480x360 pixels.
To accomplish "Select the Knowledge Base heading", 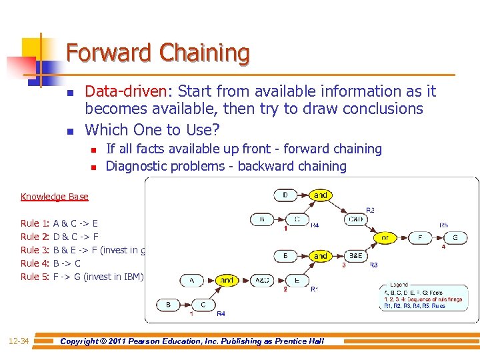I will (54, 197).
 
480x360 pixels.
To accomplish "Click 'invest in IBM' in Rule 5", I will (113, 277).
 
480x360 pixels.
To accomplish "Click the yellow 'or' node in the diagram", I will (385, 237).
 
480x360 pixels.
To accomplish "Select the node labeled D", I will (286, 195).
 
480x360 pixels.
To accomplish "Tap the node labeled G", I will (455, 237).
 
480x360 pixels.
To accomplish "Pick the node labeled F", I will (420, 237).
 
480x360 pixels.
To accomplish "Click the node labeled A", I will (192, 281).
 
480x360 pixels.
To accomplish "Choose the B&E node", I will (355, 255).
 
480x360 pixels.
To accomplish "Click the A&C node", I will (262, 281).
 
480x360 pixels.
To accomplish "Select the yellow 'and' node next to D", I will (321, 195).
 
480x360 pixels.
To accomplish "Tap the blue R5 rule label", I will (443, 225).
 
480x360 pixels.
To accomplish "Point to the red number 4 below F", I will (443, 247).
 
